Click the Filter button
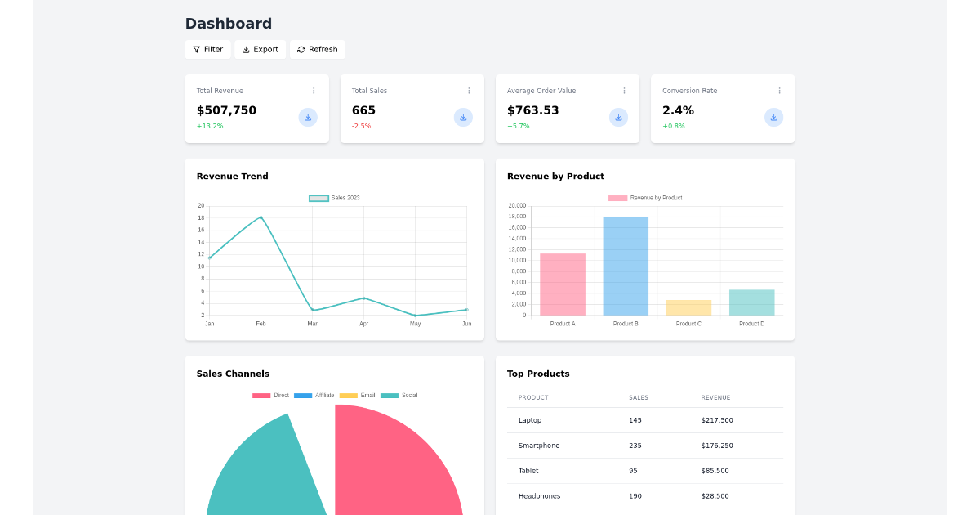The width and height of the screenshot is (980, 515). click(x=207, y=50)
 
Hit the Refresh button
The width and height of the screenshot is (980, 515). click(x=317, y=50)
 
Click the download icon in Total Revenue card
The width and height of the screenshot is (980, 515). click(x=308, y=117)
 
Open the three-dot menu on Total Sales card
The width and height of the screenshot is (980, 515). click(x=469, y=91)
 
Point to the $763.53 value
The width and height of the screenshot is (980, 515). click(x=532, y=110)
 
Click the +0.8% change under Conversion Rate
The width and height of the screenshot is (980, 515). click(x=674, y=126)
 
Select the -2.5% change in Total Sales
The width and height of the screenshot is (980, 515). click(x=361, y=126)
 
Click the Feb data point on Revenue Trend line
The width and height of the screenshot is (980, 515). click(x=261, y=217)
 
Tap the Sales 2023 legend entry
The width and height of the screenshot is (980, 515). click(x=335, y=198)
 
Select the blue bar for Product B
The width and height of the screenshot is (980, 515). click(x=626, y=266)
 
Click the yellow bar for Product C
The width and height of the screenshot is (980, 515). click(x=688, y=307)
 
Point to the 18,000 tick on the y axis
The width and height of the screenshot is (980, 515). click(x=517, y=217)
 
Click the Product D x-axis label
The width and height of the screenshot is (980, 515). click(x=751, y=324)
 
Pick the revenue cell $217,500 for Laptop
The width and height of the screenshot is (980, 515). click(x=717, y=420)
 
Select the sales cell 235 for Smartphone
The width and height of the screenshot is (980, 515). click(x=635, y=446)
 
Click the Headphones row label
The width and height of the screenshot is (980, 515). click(x=539, y=496)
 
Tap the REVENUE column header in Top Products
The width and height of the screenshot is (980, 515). click(x=715, y=398)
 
